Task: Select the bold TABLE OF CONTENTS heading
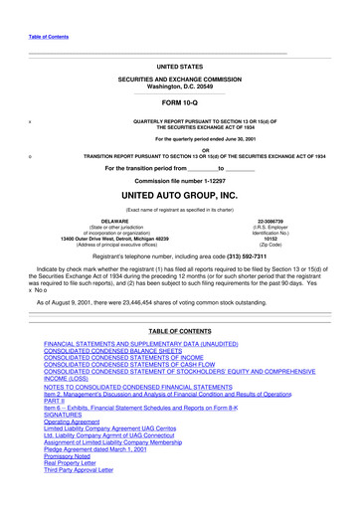pos(179,330)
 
